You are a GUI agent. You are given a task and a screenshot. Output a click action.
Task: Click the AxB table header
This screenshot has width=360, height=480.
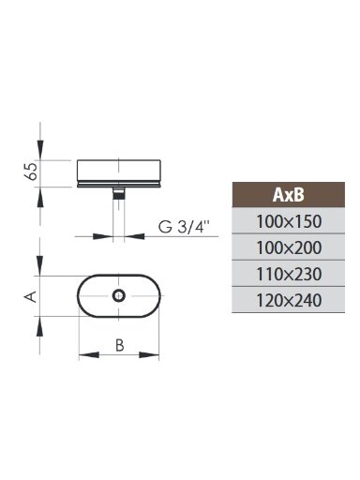288,194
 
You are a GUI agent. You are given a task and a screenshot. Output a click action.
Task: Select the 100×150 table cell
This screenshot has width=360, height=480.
288,220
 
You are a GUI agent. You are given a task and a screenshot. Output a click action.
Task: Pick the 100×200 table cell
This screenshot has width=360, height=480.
288,247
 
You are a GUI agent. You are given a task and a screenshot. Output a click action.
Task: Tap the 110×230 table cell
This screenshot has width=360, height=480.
288,274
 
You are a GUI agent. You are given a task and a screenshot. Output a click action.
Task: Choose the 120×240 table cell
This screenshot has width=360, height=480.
288,300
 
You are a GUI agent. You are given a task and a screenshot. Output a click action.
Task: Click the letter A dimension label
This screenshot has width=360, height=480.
31,296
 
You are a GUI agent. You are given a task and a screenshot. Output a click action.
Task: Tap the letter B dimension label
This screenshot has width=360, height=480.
120,345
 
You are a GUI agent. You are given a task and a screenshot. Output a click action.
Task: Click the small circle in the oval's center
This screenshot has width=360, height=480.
119,295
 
